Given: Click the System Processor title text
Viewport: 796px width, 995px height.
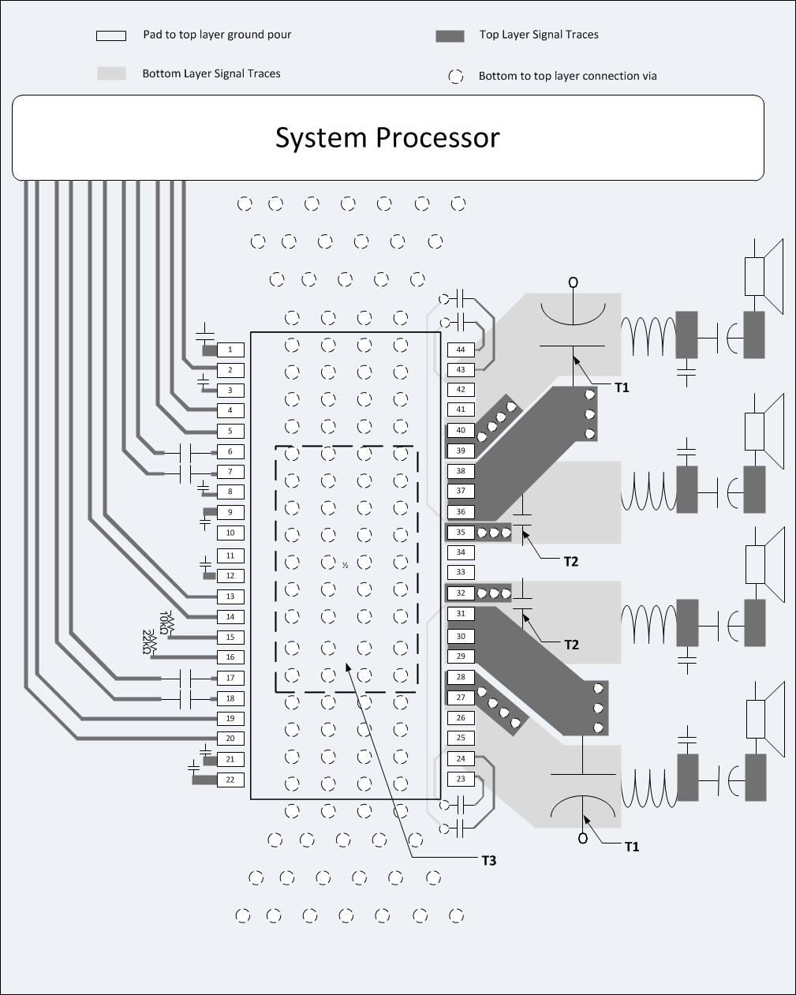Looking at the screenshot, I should (x=387, y=137).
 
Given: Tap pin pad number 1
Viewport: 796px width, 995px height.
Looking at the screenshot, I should (x=230, y=350).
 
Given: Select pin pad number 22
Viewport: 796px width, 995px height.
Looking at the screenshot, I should (x=230, y=780).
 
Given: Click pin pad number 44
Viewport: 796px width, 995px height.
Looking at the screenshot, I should (x=461, y=350).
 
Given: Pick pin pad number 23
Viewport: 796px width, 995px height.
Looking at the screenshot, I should (x=461, y=779).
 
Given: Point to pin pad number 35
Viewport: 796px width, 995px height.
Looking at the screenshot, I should (x=461, y=533).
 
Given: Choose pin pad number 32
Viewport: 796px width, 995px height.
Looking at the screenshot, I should (x=461, y=593).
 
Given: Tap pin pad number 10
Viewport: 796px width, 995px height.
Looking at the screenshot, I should (x=230, y=533).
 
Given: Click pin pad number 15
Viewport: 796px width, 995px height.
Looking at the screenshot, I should (x=230, y=637).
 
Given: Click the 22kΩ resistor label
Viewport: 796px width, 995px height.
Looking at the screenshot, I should (x=148, y=642).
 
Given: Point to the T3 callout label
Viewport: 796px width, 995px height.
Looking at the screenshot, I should (x=489, y=860).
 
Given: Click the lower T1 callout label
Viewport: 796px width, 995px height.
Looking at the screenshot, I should (x=631, y=847).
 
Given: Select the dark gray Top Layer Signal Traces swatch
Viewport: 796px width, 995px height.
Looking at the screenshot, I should (x=450, y=36).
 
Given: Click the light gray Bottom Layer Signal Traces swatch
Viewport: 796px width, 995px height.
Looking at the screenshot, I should (x=111, y=73).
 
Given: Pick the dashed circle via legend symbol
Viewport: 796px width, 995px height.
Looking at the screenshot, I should (x=456, y=77).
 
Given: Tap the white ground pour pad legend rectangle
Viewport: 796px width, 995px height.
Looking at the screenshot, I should (x=111, y=36).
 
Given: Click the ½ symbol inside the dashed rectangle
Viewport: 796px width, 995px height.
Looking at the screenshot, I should (x=346, y=565).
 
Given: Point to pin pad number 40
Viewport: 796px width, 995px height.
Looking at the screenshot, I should (x=461, y=431).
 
